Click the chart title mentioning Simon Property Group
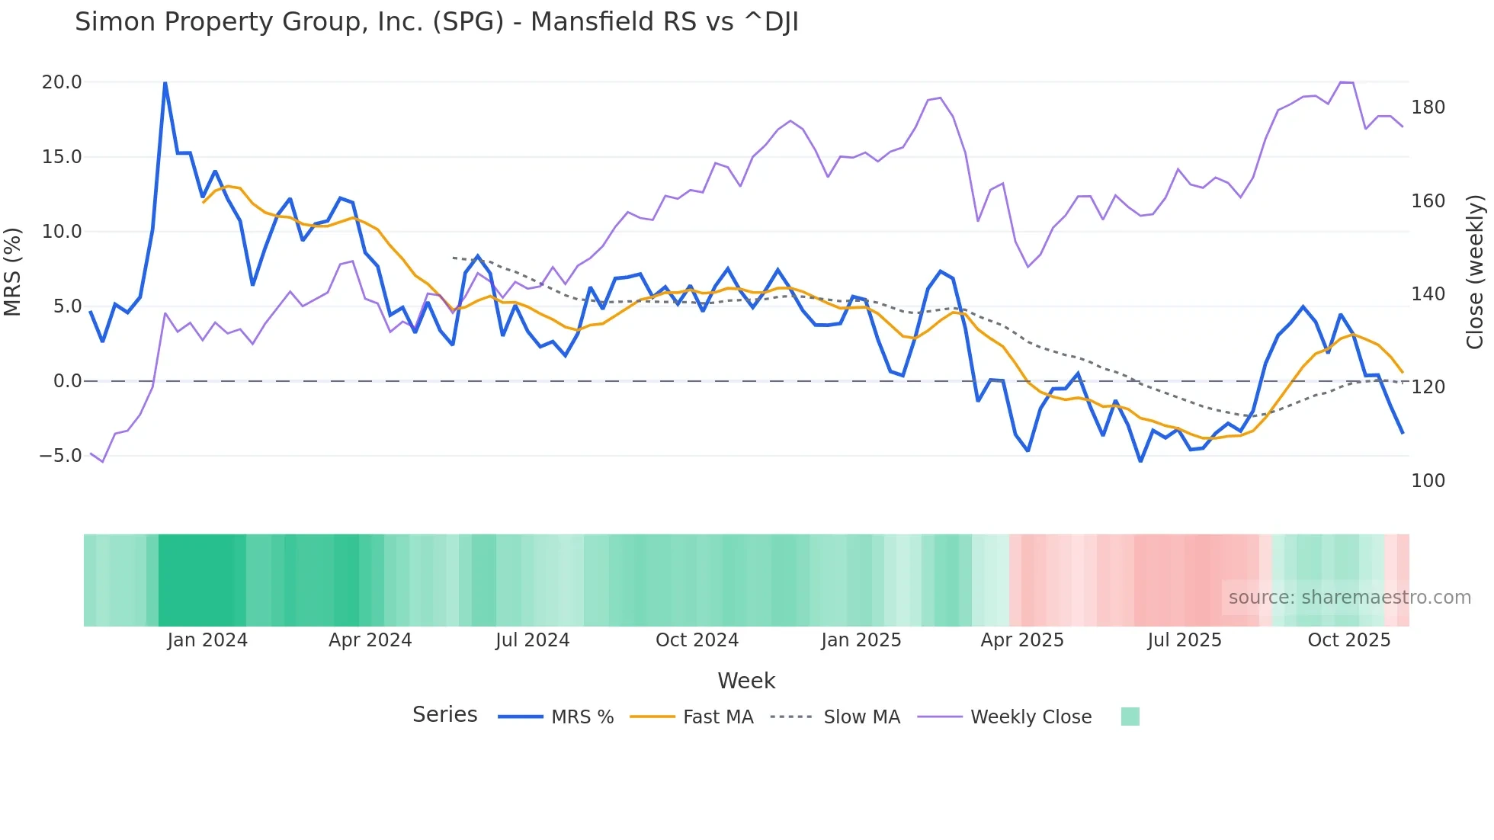pyautogui.click(x=436, y=22)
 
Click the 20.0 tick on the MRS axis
pyautogui.click(x=61, y=82)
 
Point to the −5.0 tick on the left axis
pyautogui.click(x=60, y=456)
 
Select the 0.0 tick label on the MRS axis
pyautogui.click(x=67, y=381)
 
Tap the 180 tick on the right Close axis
pyautogui.click(x=1428, y=107)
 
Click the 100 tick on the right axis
pyautogui.click(x=1428, y=481)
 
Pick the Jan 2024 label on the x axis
pyautogui.click(x=207, y=640)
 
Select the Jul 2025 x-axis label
pyautogui.click(x=1184, y=640)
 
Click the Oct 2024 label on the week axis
pyautogui.click(x=697, y=640)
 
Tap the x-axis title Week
pyautogui.click(x=746, y=681)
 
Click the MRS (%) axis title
pyautogui.click(x=13, y=271)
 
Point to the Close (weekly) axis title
pyautogui.click(x=1475, y=271)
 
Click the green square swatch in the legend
pyautogui.click(x=1130, y=717)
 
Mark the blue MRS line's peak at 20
pyautogui.click(x=165, y=82)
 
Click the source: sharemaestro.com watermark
pyautogui.click(x=1349, y=598)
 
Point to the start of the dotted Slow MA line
pyautogui.click(x=454, y=258)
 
